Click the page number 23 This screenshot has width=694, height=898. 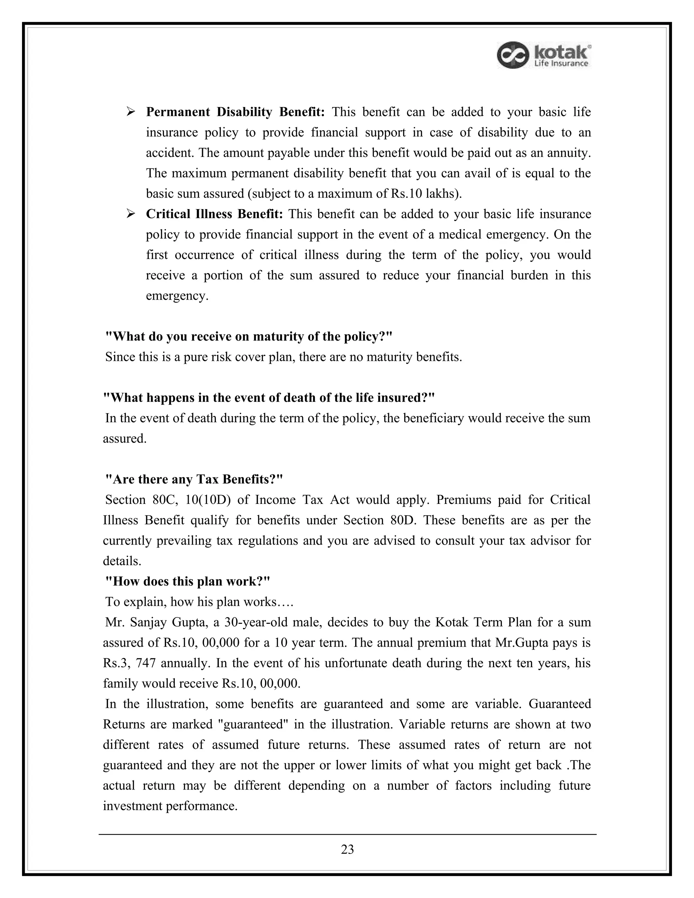click(x=347, y=849)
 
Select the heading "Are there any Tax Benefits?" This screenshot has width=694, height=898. click(x=194, y=479)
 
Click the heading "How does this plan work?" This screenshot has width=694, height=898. click(x=187, y=581)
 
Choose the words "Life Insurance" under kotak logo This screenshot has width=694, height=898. click(x=561, y=63)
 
